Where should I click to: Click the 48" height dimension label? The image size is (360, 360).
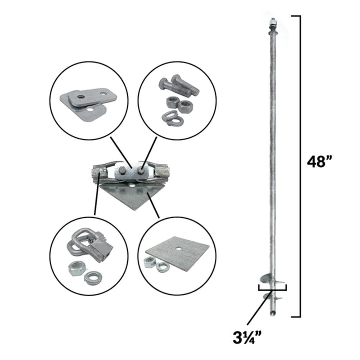point(318,162)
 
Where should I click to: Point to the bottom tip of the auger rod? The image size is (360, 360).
point(273,314)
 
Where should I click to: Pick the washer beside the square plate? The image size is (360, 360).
point(163,267)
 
